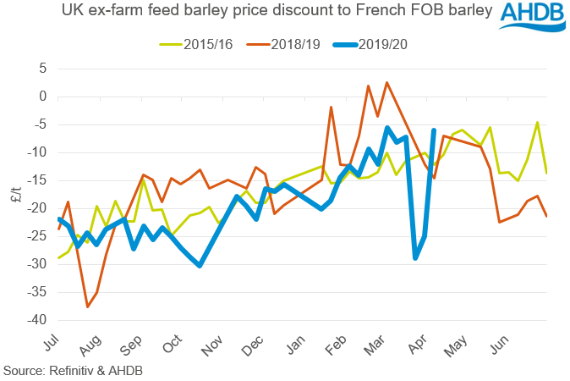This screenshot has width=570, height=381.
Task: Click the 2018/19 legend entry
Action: coord(294,44)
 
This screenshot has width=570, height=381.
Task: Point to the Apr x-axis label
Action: coord(419,342)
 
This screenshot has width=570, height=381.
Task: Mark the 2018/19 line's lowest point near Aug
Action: coord(87,306)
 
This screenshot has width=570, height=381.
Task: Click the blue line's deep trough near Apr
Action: coord(415,257)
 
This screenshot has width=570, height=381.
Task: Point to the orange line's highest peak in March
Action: coord(386,83)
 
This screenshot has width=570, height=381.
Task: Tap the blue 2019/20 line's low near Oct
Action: coord(200,265)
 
